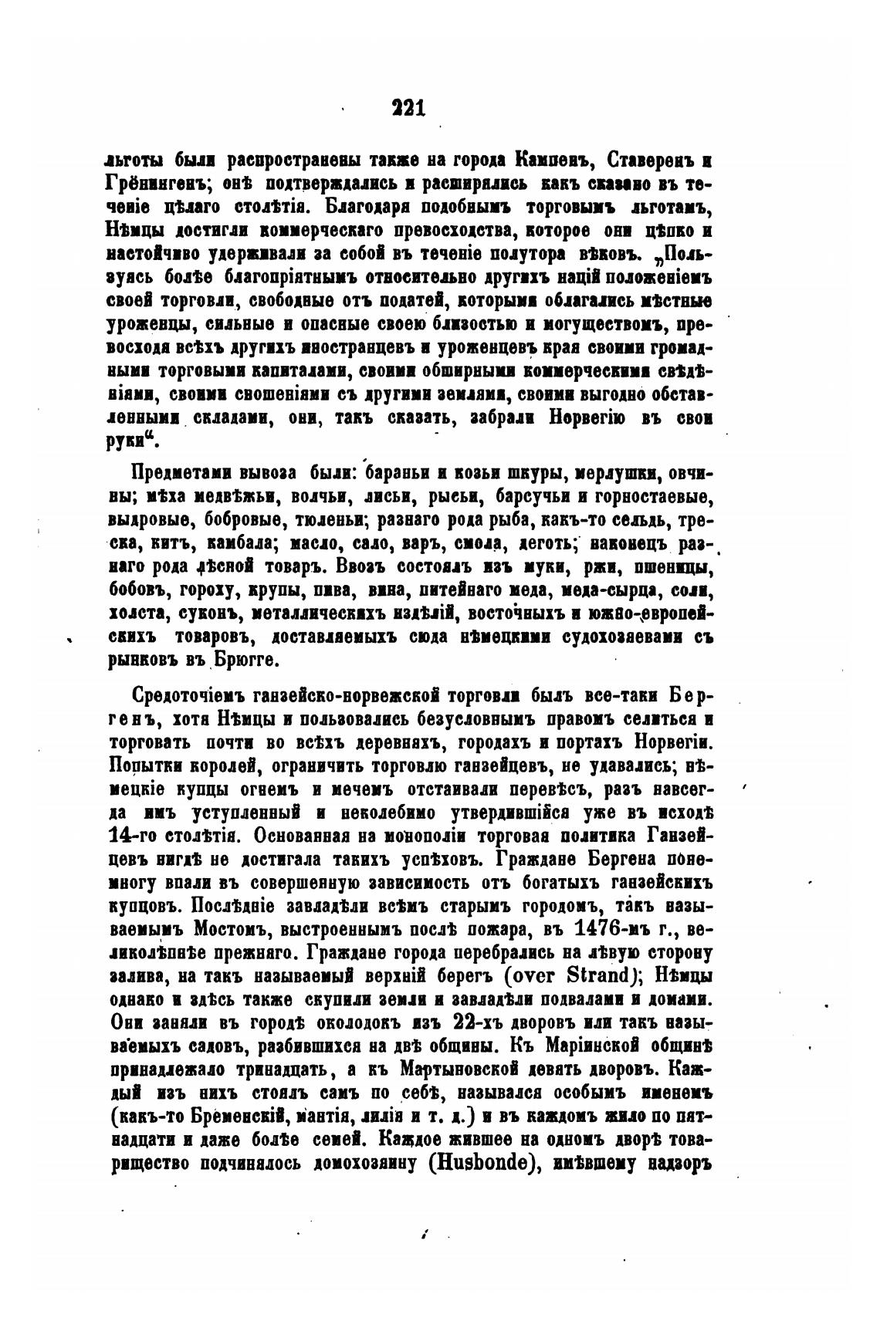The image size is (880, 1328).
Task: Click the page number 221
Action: coord(408,106)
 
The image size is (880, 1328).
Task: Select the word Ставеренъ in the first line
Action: coord(652,161)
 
